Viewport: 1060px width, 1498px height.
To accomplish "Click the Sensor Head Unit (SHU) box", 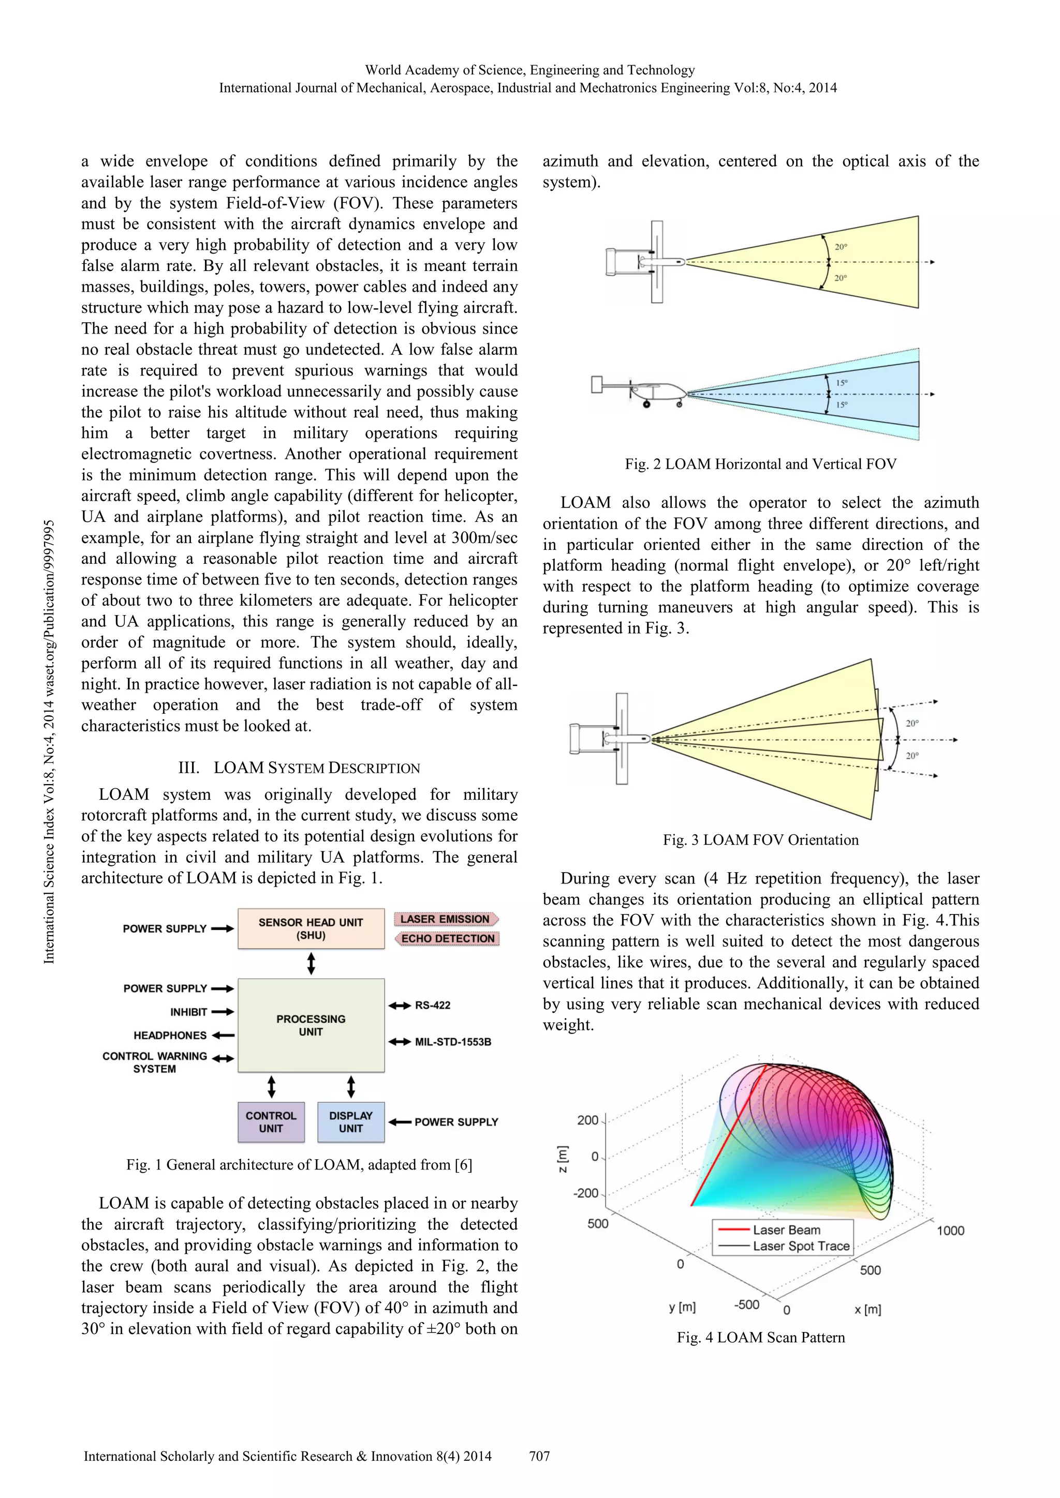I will pyautogui.click(x=311, y=928).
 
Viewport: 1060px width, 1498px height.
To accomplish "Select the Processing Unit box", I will pyautogui.click(x=311, y=1025).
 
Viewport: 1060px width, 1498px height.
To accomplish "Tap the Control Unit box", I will pyautogui.click(x=271, y=1121).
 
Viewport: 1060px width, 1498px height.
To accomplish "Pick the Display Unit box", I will pyautogui.click(x=350, y=1121).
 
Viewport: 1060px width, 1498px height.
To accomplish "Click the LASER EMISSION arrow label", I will pyautogui.click(x=445, y=919).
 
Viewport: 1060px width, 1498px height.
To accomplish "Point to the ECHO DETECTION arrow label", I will pyautogui.click(x=447, y=938).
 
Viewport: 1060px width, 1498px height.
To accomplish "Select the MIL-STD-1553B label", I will pyautogui.click(x=453, y=1042).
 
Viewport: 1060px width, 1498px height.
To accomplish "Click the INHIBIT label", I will pyautogui.click(x=188, y=1012).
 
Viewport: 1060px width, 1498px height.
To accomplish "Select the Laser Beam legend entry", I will pyautogui.click(x=786, y=1230).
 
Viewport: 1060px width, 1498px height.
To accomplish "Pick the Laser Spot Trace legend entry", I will pyautogui.click(x=801, y=1246).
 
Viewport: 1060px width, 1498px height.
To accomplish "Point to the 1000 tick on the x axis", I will pyautogui.click(x=950, y=1231).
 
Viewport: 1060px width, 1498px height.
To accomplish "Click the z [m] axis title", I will pyautogui.click(x=563, y=1158).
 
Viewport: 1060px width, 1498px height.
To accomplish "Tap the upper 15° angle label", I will pyautogui.click(x=842, y=383).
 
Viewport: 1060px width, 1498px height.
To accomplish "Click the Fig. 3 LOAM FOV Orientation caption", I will pyautogui.click(x=760, y=840).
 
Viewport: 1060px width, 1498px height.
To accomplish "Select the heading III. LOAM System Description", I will pyautogui.click(x=299, y=768).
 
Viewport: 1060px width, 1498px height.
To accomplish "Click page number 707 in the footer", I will pyautogui.click(x=539, y=1456).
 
